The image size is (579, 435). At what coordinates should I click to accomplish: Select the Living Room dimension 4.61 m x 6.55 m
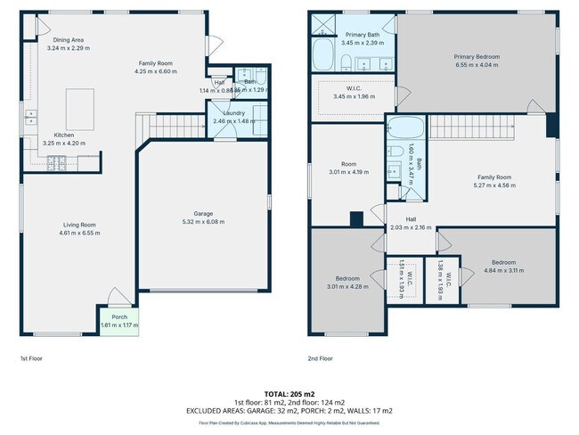[x=79, y=233]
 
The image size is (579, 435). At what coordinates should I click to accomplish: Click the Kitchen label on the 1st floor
[x=50, y=135]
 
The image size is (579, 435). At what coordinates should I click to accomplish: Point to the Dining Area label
[x=69, y=40]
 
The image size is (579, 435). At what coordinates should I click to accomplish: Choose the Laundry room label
[x=234, y=113]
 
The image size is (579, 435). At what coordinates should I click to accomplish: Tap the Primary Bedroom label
[x=477, y=57]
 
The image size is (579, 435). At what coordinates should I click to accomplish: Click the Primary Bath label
[x=363, y=35]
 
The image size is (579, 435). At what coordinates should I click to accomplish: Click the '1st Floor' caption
[x=30, y=358]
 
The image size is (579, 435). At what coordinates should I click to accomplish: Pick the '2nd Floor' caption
[x=320, y=358]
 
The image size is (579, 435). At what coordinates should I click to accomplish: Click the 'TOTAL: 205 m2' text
[x=289, y=393]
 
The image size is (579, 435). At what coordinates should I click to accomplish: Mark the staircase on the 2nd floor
[x=472, y=131]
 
